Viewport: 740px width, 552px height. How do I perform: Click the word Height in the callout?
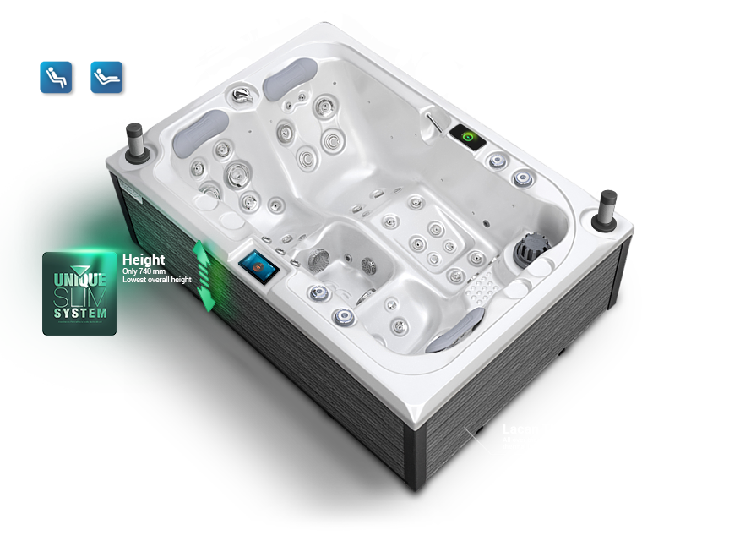[144, 260]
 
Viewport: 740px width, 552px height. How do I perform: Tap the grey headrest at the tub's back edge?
[286, 85]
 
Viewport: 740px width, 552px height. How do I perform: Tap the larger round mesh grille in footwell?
[318, 260]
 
